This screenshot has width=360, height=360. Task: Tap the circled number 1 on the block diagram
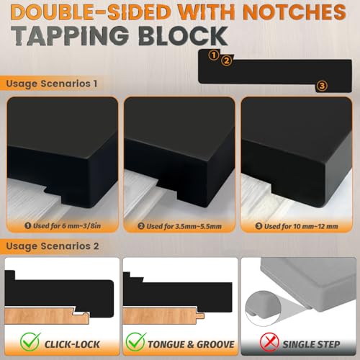point(214,55)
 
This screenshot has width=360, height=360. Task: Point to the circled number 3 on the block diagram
point(322,86)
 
